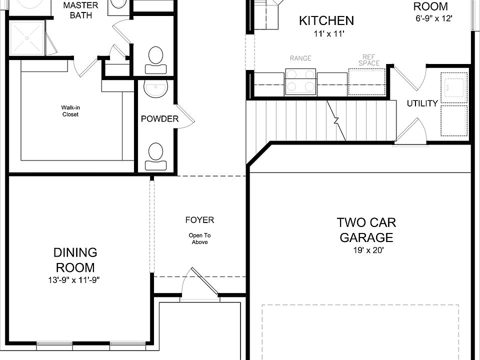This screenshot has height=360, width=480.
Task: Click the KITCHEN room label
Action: (x=326, y=21)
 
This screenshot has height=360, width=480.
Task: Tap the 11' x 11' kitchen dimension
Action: (x=329, y=33)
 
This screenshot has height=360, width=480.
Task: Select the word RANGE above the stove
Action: (x=300, y=58)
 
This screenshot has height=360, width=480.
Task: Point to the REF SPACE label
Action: (x=369, y=60)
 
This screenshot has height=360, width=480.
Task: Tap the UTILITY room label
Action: (x=422, y=103)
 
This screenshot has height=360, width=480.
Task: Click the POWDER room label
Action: (x=159, y=119)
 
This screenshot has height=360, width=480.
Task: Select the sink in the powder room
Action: (x=156, y=88)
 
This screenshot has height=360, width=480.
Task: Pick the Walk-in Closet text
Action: (x=70, y=111)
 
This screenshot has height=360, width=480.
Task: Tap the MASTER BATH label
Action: (x=81, y=10)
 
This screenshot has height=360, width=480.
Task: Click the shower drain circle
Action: (x=27, y=38)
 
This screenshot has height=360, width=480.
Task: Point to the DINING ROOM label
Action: (x=75, y=260)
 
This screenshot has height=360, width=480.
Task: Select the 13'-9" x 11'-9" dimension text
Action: (x=74, y=280)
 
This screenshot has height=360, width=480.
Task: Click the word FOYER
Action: (x=199, y=220)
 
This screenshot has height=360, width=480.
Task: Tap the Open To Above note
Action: (x=199, y=239)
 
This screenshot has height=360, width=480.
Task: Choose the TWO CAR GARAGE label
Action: (x=366, y=230)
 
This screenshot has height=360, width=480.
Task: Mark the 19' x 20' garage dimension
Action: (x=368, y=250)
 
